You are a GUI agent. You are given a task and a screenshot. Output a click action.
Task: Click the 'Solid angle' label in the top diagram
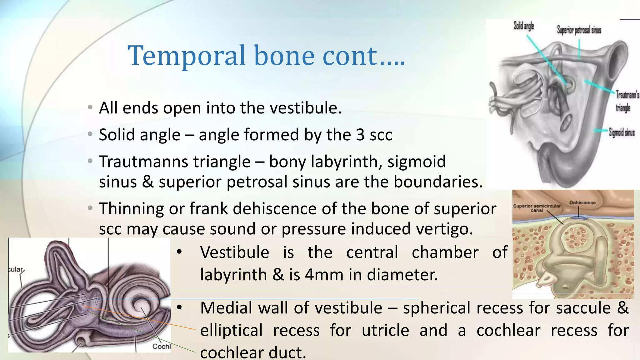click(x=524, y=26)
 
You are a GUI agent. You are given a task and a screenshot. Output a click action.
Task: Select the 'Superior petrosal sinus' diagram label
click(x=579, y=30)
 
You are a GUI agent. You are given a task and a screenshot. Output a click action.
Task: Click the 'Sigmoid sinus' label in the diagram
click(x=622, y=132)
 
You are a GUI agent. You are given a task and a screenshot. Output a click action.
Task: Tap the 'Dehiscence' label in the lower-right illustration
click(x=582, y=202)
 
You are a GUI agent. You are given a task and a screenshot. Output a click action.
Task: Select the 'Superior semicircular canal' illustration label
click(x=537, y=208)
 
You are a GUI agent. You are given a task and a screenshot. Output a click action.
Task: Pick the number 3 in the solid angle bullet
click(x=360, y=135)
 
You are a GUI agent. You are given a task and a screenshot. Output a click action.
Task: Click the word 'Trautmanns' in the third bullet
click(x=175, y=162)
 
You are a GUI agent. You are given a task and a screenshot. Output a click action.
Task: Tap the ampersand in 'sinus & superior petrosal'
click(x=147, y=182)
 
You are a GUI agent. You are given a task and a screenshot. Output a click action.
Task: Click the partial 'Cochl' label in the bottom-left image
click(x=161, y=346)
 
